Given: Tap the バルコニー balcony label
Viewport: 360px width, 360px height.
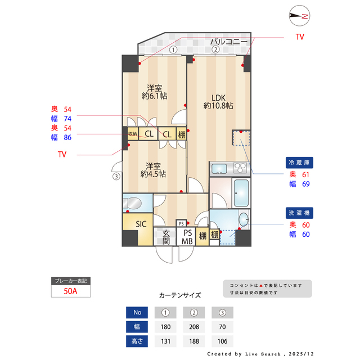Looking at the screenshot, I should coord(229,42).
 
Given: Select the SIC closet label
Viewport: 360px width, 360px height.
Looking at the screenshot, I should coord(141,223).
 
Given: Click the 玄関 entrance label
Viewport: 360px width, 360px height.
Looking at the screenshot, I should coord(166,237).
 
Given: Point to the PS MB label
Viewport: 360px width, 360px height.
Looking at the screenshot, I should coord(187,237).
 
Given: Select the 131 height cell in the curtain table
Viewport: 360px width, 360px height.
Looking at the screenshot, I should coord(166,341).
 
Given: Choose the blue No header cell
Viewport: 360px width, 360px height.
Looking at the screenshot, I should coord(137,312).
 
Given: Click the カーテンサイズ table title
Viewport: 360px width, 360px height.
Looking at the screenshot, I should coord(180,295).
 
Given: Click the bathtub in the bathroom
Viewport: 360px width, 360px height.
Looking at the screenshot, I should coord(242,193).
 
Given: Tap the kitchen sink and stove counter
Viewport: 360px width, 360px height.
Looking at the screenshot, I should coord(229,168).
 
